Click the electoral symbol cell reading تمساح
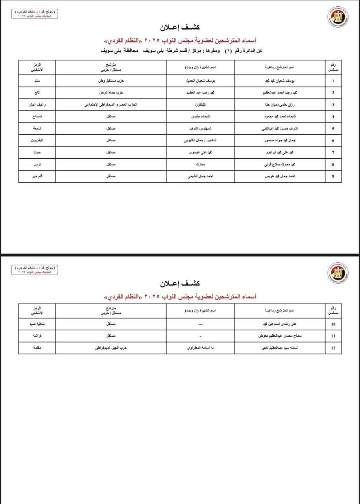tap(37, 117)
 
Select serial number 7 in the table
tap(333, 152)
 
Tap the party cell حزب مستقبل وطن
tap(111, 81)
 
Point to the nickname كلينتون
tap(200, 105)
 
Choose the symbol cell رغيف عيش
tap(37, 105)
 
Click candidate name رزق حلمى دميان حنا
tap(280, 105)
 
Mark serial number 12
tap(333, 348)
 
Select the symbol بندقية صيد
tap(37, 324)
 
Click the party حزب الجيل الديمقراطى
tap(111, 348)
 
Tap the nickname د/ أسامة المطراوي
tap(200, 348)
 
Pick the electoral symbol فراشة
tap(37, 336)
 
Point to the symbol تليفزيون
tap(37, 141)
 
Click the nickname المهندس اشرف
tap(200, 128)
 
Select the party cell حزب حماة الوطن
tap(111, 93)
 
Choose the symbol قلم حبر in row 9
tap(37, 176)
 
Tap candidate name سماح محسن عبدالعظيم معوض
tap(280, 336)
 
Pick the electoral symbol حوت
tap(37, 152)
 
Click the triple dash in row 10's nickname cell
tap(200, 324)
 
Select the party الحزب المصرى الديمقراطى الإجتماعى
tap(111, 105)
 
